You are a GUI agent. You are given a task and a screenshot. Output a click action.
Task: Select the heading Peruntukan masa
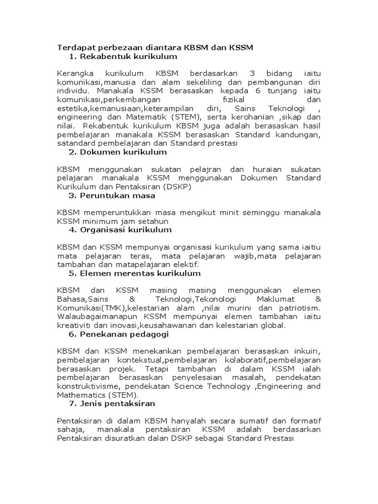(118, 195)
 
